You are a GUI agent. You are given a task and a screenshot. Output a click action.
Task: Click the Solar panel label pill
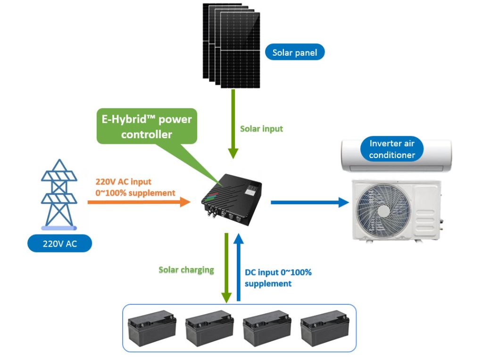click(295, 52)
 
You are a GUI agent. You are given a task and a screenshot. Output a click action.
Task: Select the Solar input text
click(262, 128)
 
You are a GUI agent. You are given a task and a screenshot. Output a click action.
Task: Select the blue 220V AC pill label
click(59, 244)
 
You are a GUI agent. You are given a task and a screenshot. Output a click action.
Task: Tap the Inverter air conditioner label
click(392, 149)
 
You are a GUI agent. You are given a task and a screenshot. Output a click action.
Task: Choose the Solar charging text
click(186, 270)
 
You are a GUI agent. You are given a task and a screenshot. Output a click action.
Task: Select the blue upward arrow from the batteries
click(239, 267)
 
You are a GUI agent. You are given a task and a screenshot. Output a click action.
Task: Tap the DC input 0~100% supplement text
click(278, 278)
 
